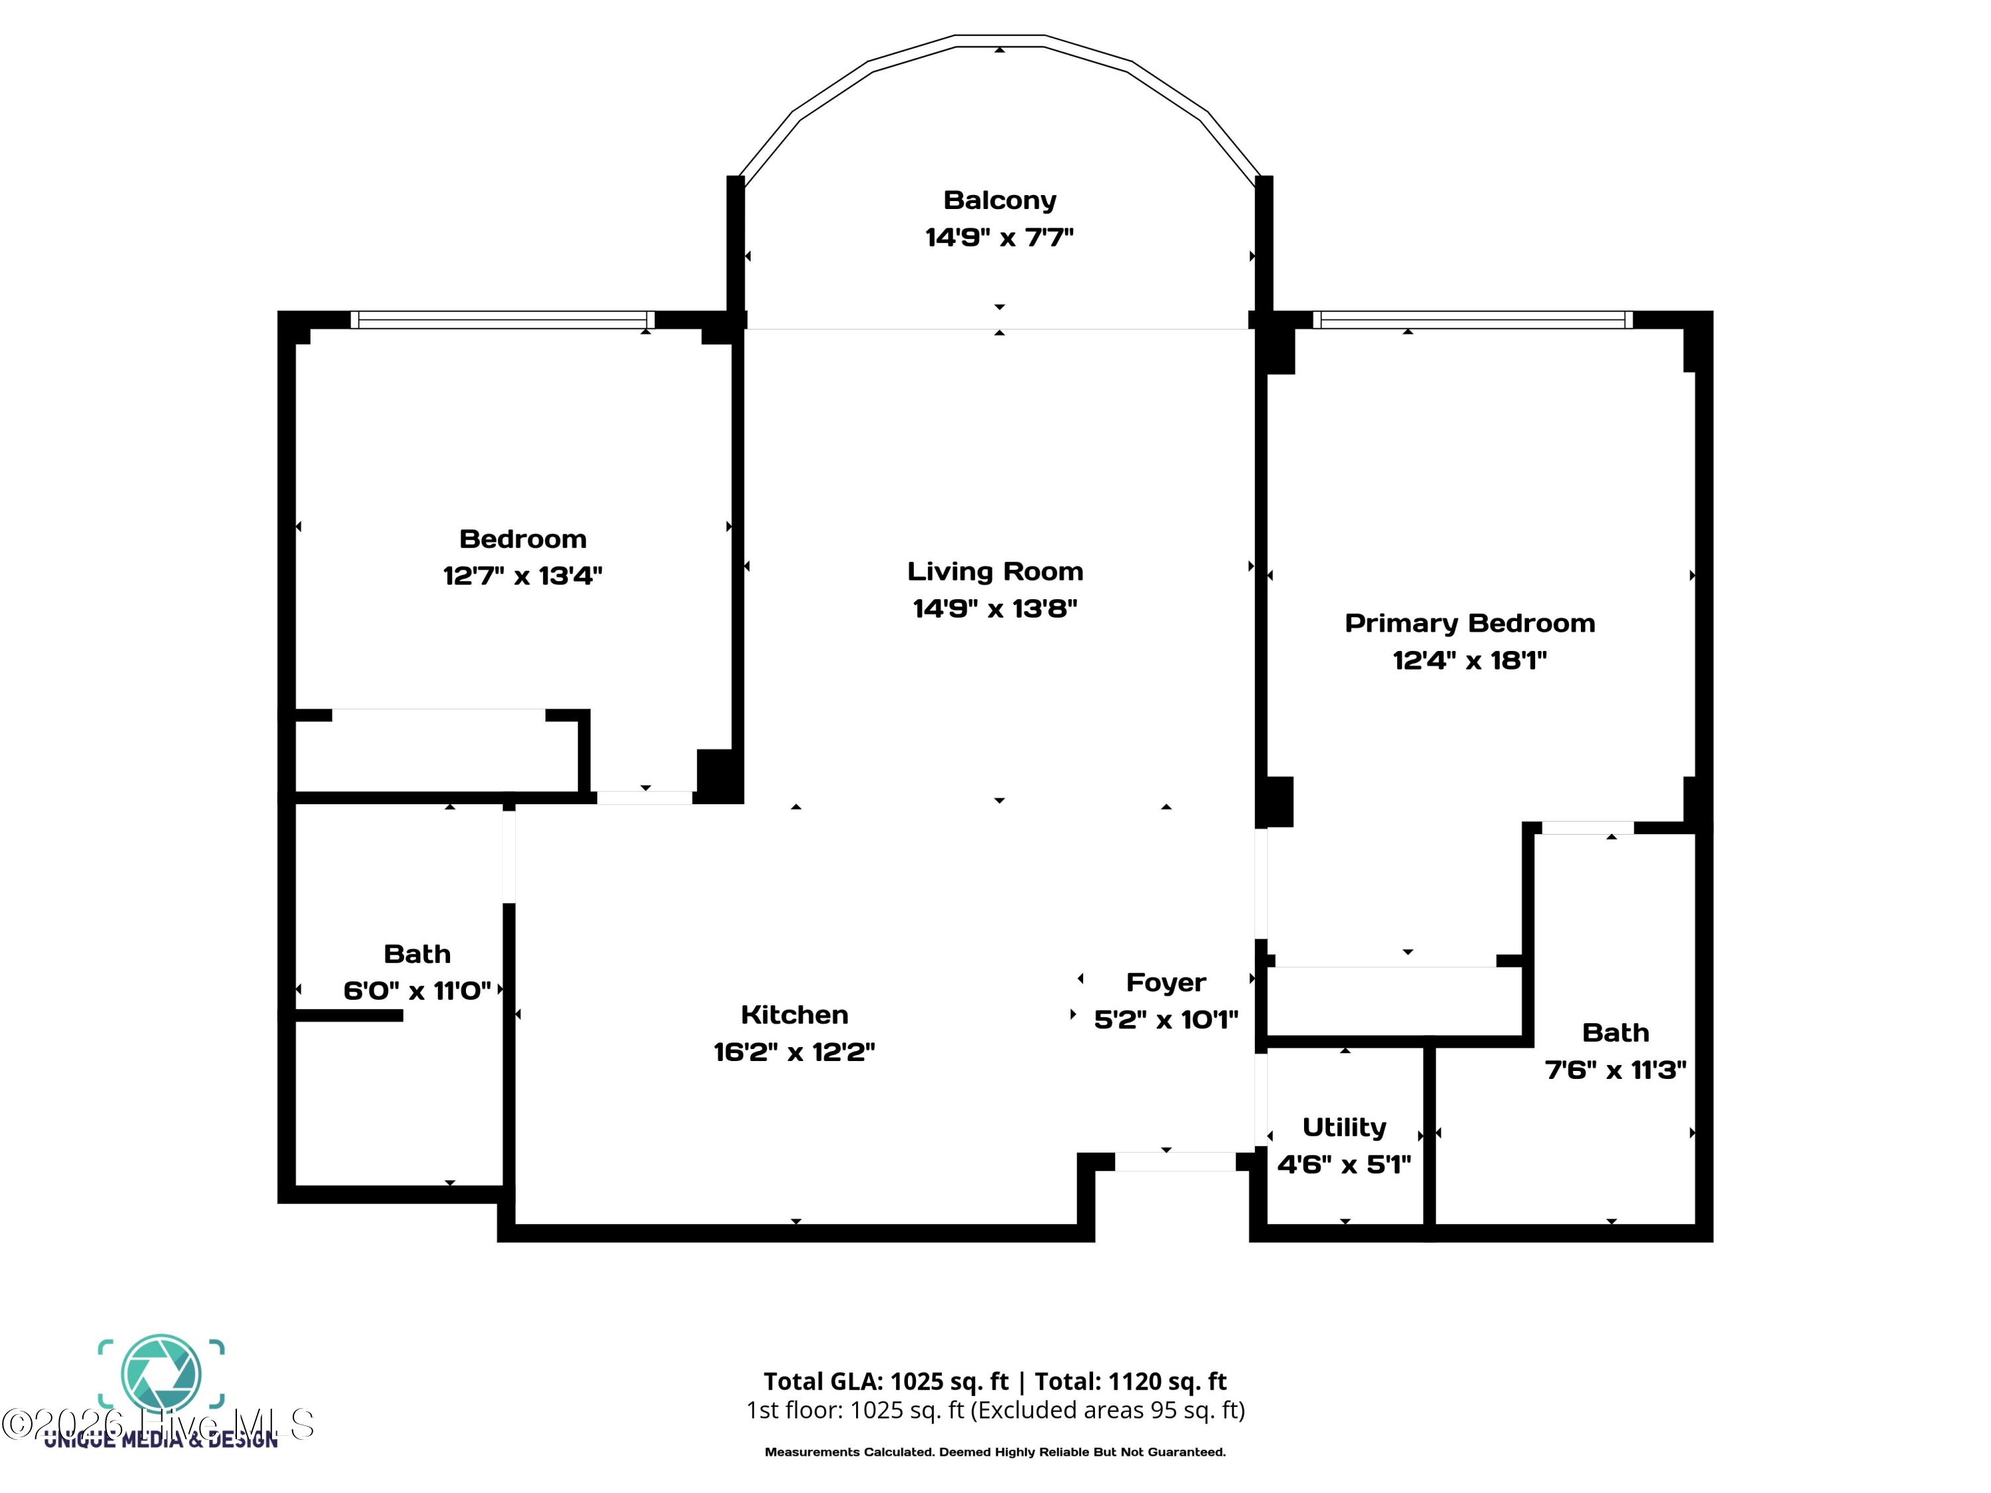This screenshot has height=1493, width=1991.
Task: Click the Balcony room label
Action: pos(999,200)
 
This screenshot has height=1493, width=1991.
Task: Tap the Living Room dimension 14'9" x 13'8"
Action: pos(995,608)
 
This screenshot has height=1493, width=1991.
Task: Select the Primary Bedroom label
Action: pos(1469,623)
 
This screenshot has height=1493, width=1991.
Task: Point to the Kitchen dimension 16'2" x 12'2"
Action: pos(794,1051)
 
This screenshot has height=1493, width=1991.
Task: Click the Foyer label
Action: pos(1165,982)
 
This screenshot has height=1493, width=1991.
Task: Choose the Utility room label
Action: pos(1344,1127)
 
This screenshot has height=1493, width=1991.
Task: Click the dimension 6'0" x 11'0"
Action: pos(417,990)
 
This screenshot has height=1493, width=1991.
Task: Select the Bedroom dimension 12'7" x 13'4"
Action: pos(522,575)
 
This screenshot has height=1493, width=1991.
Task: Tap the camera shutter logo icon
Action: pos(161,1374)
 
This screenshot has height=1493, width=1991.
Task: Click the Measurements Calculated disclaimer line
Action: pos(995,1452)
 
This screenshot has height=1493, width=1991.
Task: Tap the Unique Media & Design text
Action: pos(162,1440)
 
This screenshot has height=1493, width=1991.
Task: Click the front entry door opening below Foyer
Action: pos(1175,1161)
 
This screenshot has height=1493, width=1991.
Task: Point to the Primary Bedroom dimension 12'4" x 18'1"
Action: pos(1469,660)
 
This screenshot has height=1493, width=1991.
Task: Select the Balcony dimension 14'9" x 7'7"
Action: pos(999,237)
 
